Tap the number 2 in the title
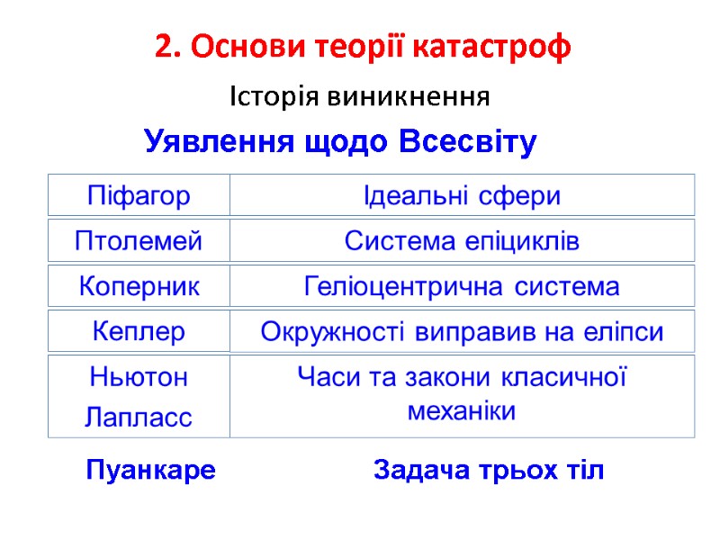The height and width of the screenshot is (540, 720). click(162, 46)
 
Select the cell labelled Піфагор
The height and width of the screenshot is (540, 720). click(139, 195)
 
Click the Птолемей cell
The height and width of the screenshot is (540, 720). click(139, 241)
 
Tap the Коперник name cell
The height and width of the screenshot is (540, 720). click(139, 287)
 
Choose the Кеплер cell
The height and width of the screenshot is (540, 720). click(139, 332)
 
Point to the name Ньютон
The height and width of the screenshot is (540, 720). click(139, 378)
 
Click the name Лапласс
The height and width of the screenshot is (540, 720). click(139, 417)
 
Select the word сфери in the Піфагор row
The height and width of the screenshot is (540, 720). click(523, 195)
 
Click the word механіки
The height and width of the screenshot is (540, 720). click(462, 412)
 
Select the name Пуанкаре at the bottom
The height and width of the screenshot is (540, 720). click(150, 470)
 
